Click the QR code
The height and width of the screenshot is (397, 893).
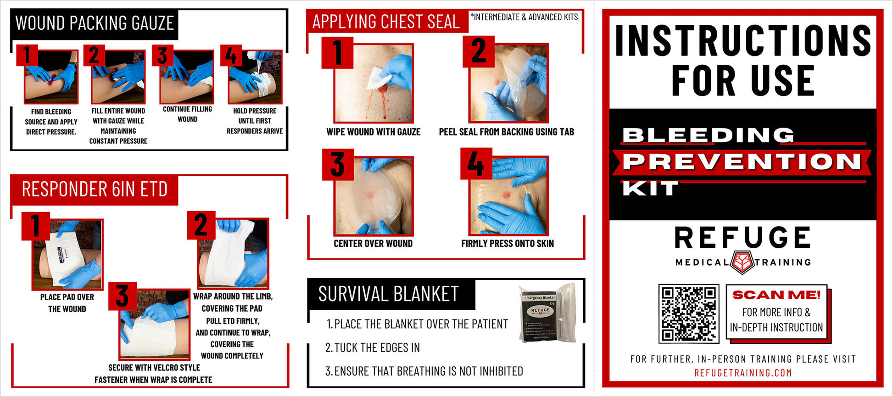(688, 313)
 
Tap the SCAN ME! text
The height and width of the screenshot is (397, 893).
(776, 295)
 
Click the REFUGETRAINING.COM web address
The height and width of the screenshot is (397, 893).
(743, 373)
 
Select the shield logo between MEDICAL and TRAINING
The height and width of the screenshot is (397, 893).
(742, 262)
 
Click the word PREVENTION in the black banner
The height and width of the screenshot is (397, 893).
(742, 162)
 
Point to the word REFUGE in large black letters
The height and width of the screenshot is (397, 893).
(742, 238)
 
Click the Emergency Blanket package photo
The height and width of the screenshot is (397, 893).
(547, 313)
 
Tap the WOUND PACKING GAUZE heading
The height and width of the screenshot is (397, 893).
(95, 23)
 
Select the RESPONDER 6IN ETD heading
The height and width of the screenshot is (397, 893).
(95, 190)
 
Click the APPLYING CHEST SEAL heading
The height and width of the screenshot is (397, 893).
(386, 22)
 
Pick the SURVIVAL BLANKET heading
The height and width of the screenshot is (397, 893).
(388, 294)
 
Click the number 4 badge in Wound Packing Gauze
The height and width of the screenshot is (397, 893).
(230, 56)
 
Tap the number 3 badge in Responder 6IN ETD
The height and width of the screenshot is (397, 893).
(122, 296)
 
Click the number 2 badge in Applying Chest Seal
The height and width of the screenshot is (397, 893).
(478, 51)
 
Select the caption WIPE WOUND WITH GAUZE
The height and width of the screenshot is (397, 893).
(373, 132)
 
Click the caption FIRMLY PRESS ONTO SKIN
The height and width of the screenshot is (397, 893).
(507, 244)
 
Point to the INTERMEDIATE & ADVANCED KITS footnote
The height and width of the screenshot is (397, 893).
(524, 17)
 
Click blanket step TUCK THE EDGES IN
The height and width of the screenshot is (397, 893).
(372, 348)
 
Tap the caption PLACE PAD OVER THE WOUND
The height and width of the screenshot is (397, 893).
(67, 303)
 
